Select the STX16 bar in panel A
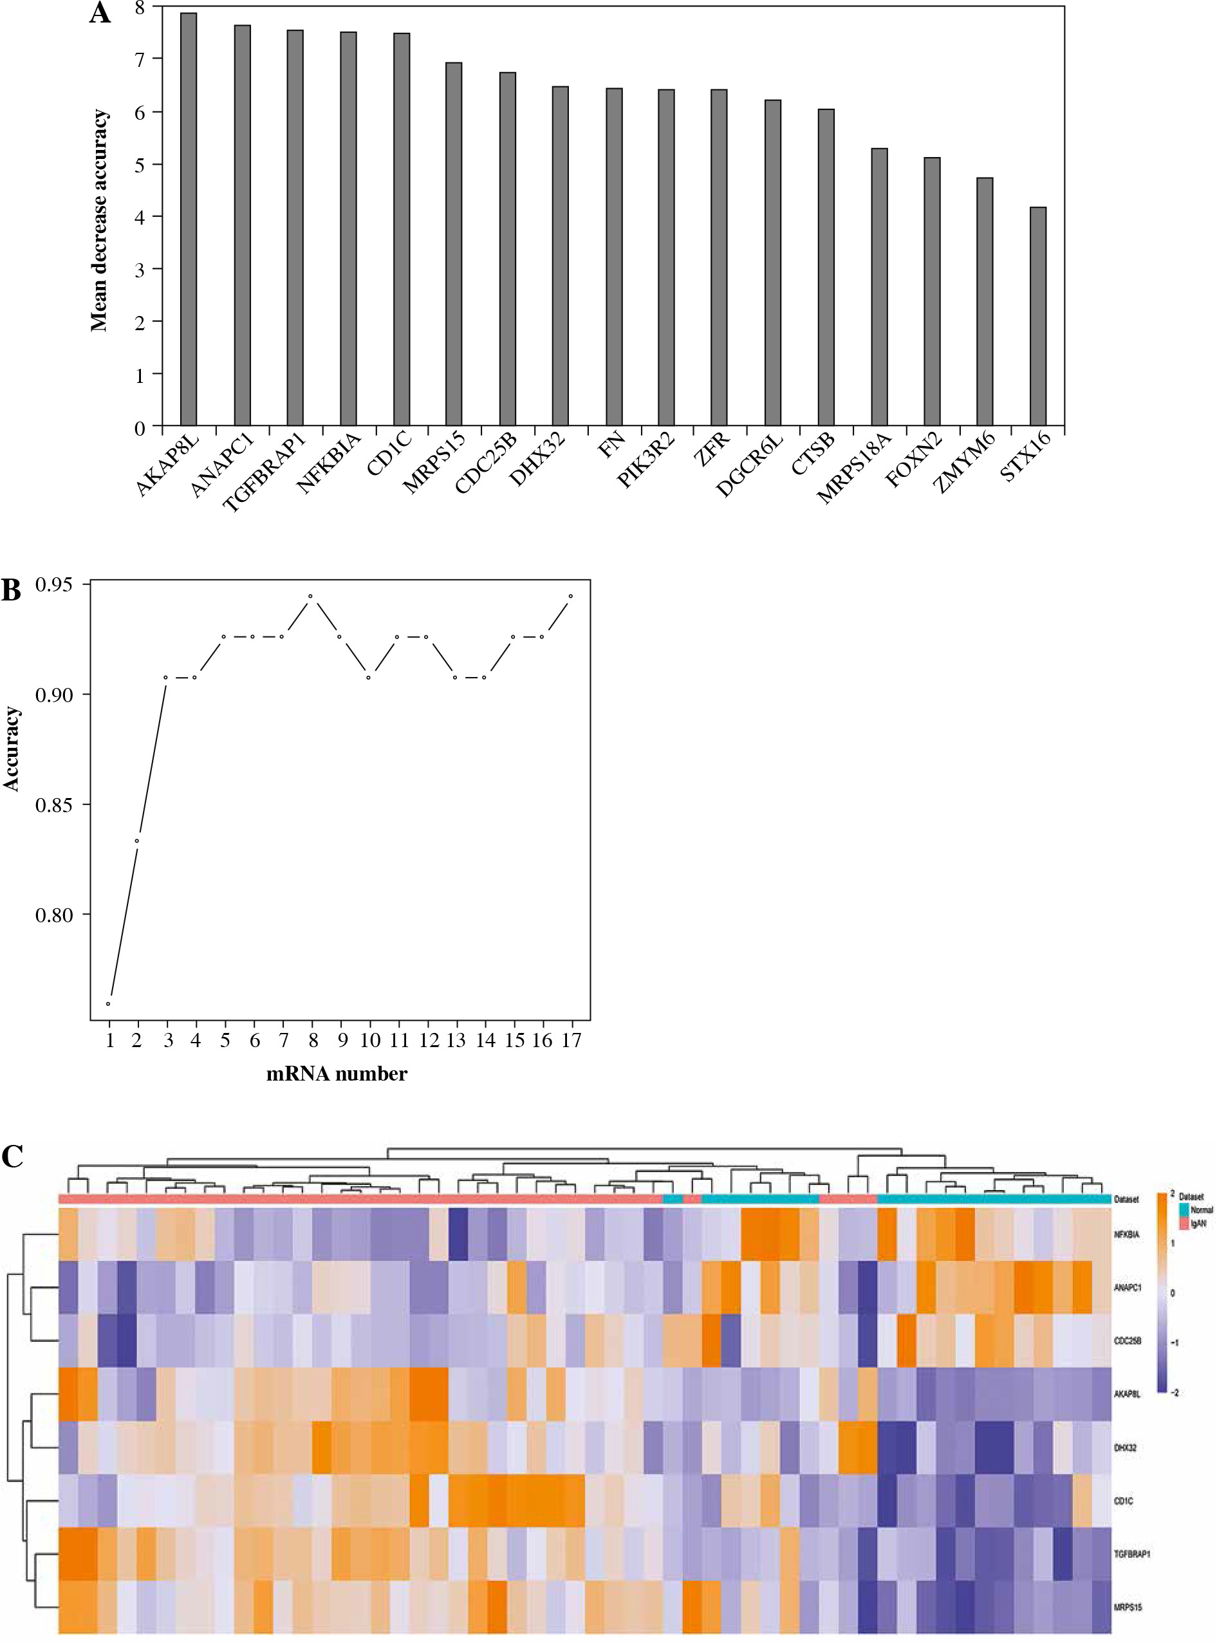coord(1037,317)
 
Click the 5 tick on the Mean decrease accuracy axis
coord(139,163)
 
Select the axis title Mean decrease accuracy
coord(100,221)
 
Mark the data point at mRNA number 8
coord(311,596)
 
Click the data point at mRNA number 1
coord(108,1004)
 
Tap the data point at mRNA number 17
coord(571,596)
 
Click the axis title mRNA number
coord(337,1074)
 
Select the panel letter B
coord(11,591)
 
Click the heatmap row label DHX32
coord(1125,1447)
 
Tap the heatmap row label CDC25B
coord(1127,1340)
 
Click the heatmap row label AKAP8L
coord(1127,1395)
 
